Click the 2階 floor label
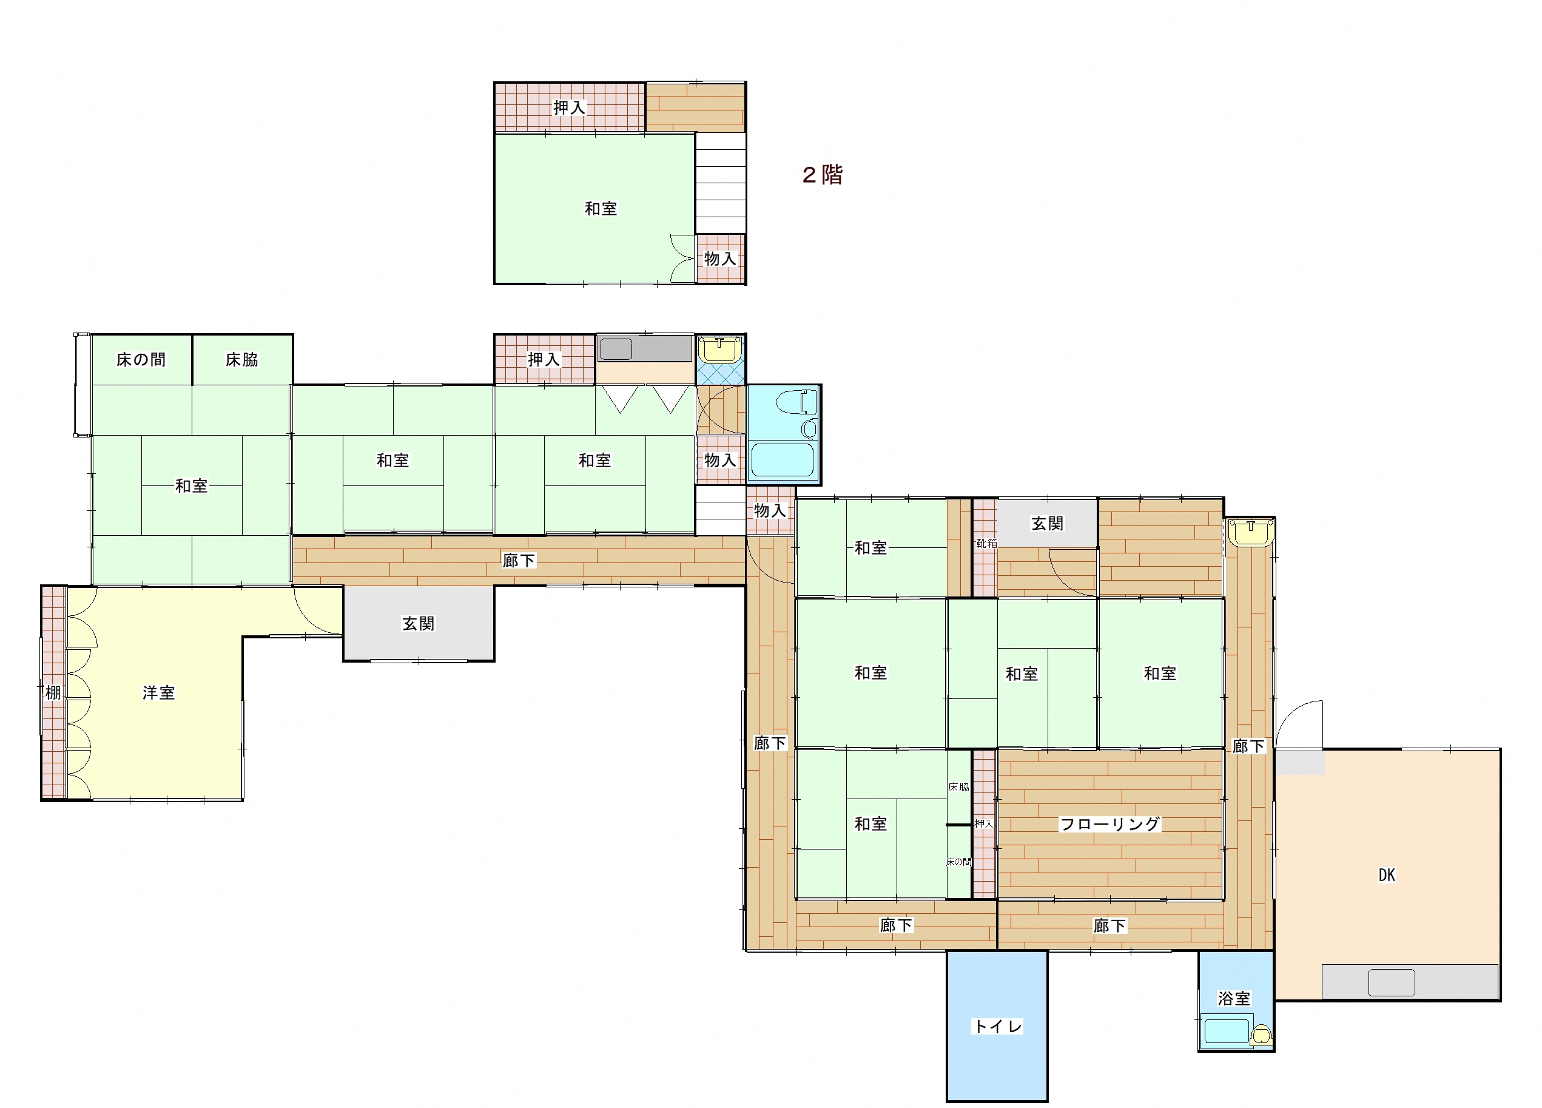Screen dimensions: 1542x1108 [x=822, y=175]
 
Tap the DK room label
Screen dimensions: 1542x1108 [x=1386, y=876]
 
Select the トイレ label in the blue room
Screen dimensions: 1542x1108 [x=997, y=1026]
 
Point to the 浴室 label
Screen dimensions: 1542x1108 [x=1234, y=999]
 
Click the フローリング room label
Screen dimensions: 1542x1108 [x=1109, y=825]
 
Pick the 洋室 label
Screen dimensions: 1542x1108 [x=158, y=693]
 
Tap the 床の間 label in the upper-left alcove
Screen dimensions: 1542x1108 [x=141, y=360]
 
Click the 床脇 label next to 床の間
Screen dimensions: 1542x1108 [x=242, y=360]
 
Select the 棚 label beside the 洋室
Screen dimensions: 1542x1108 [x=53, y=692]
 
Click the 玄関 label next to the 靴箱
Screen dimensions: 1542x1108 [x=1047, y=524]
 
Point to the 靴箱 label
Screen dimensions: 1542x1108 [x=986, y=544]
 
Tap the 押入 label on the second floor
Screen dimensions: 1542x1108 [x=569, y=107]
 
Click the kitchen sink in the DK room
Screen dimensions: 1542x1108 [x=1392, y=982]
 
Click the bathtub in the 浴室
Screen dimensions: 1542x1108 [x=1227, y=1031]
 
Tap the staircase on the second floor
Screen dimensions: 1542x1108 [x=720, y=183]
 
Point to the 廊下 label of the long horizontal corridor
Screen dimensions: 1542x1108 [x=519, y=561]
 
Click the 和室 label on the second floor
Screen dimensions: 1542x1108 [x=601, y=209]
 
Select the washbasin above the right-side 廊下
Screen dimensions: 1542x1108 [x=1250, y=532]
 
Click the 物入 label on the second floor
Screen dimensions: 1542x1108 [x=720, y=259]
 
